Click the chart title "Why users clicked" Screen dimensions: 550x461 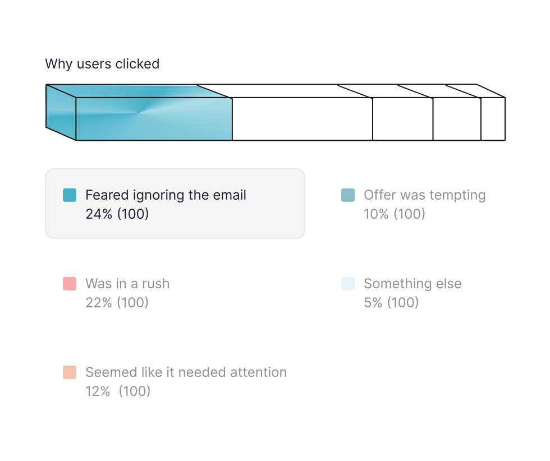coord(102,64)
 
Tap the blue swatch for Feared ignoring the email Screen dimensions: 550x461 coord(70,195)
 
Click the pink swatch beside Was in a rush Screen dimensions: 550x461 coord(70,284)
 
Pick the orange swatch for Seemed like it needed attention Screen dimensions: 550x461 coord(70,372)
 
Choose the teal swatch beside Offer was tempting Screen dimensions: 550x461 coord(348,195)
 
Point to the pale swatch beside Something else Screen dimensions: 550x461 coord(348,284)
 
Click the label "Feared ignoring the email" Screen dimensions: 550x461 coord(166,195)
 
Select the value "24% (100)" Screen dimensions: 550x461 coord(117,214)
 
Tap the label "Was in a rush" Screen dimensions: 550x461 coord(128,284)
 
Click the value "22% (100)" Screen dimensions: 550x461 coord(117,302)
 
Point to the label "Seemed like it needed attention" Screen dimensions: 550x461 coord(186,372)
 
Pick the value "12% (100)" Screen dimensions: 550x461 coord(118,391)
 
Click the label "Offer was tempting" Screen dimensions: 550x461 coord(425,195)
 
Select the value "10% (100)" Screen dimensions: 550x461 coord(395,214)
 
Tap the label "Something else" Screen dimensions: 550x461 coord(413,284)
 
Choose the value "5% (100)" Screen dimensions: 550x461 coord(392,302)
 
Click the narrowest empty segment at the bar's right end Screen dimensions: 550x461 coord(493,119)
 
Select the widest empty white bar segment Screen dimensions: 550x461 coord(302,119)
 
